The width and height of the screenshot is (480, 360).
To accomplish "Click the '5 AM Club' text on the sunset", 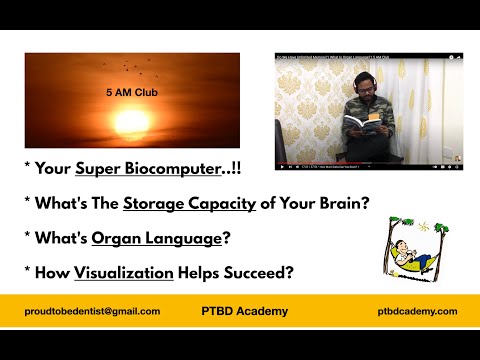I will coord(131,94).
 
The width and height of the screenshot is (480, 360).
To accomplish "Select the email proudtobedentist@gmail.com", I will coord(93,311).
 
